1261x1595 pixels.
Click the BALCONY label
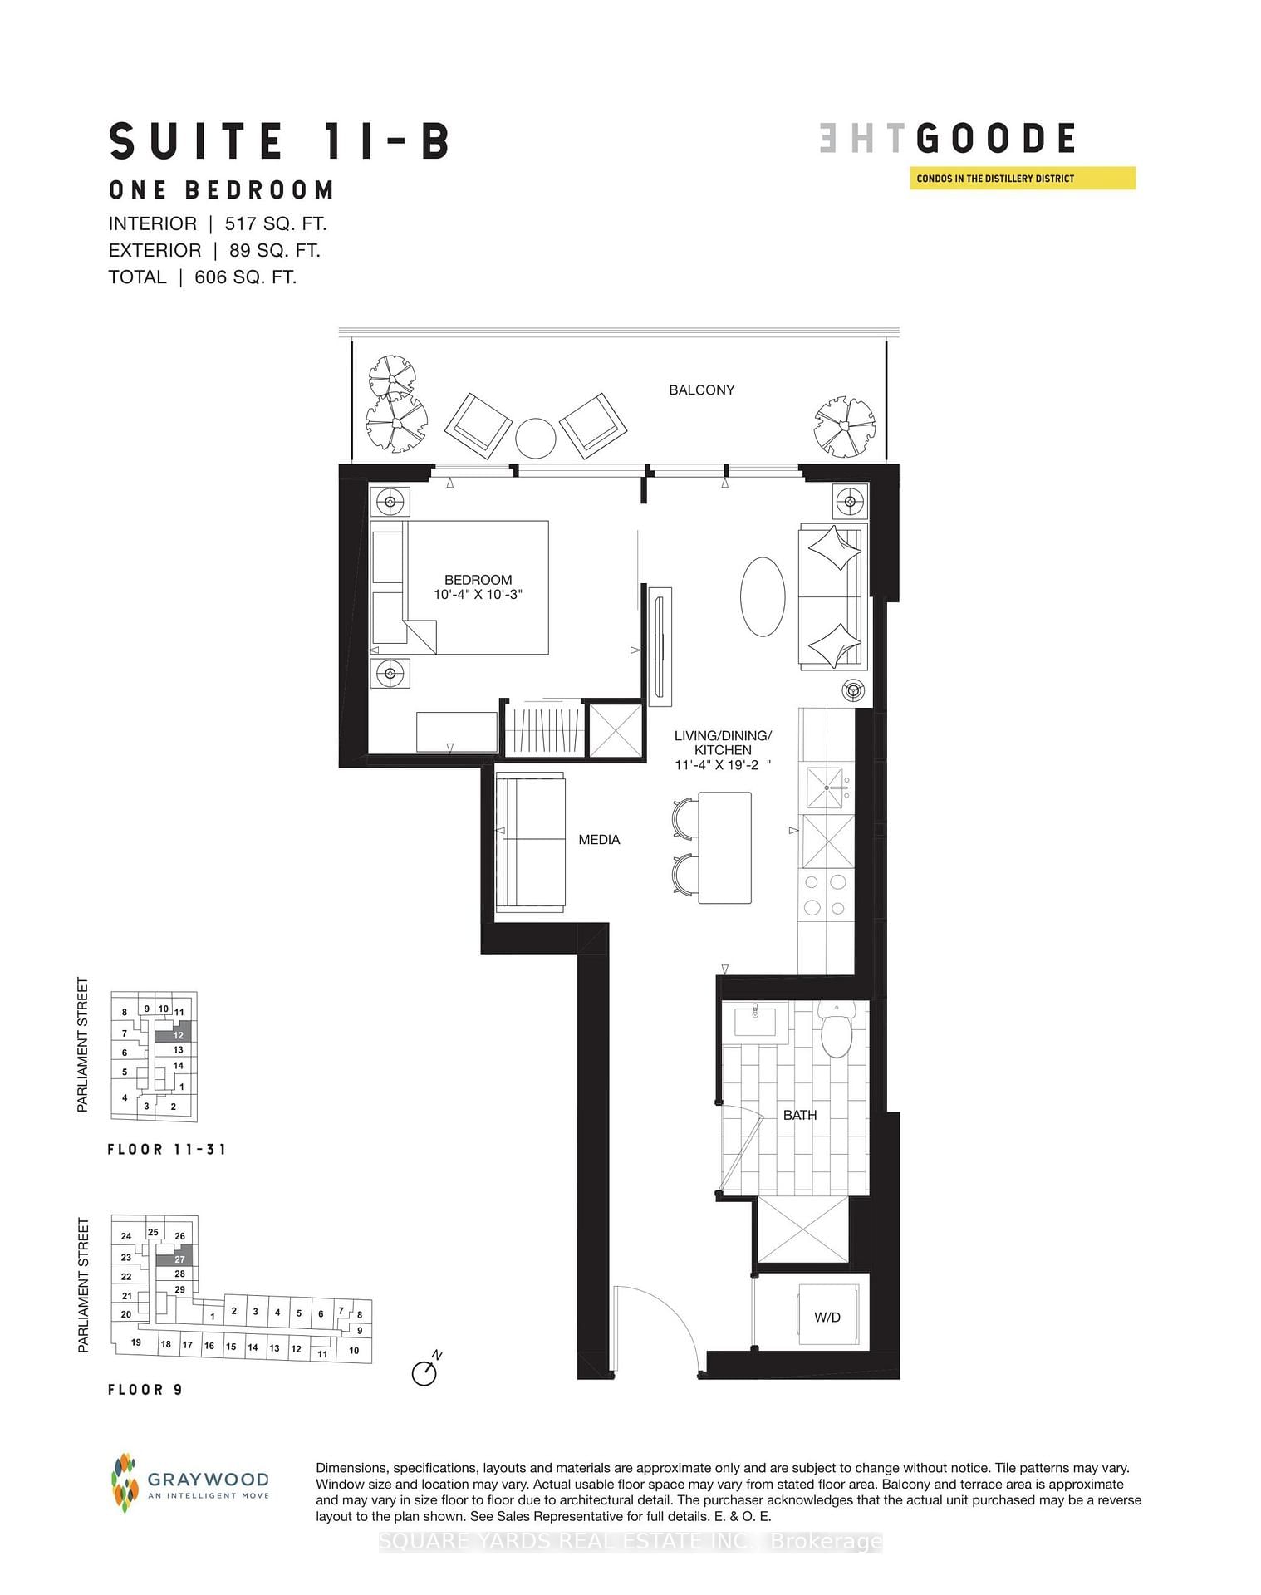pyautogui.click(x=701, y=390)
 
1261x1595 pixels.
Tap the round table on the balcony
pyautogui.click(x=535, y=438)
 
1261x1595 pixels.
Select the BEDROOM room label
pyautogui.click(x=478, y=580)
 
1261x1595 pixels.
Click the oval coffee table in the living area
pyautogui.click(x=762, y=596)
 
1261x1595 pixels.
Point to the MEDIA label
pyautogui.click(x=599, y=840)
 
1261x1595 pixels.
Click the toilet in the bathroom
pyautogui.click(x=836, y=1030)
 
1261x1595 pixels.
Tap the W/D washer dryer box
pyautogui.click(x=827, y=1317)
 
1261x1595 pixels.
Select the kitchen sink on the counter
pyautogui.click(x=826, y=788)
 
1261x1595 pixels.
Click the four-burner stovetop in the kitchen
pyautogui.click(x=826, y=895)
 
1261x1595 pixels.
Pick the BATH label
pyautogui.click(x=800, y=1115)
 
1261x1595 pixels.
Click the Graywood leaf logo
pyautogui.click(x=124, y=1482)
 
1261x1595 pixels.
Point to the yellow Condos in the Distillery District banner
pyautogui.click(x=1022, y=179)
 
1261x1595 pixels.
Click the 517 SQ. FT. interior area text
pyautogui.click(x=275, y=224)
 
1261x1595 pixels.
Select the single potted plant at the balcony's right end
pyautogui.click(x=844, y=425)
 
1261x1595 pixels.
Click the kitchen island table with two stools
pyautogui.click(x=724, y=847)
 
